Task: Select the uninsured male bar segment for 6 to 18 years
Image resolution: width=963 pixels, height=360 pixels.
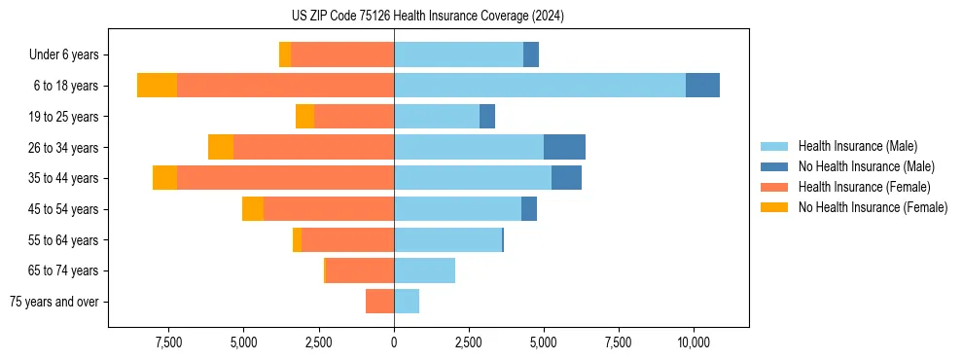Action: coord(702,86)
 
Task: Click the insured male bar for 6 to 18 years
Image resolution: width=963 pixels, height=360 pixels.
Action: coord(540,86)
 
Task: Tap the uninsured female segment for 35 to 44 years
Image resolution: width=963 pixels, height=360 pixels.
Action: coord(164,178)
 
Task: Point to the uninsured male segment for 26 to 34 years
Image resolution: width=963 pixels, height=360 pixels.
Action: coord(564,147)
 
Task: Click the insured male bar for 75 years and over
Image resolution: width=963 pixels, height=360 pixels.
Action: coord(407,302)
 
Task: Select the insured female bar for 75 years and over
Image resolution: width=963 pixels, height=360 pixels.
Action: coord(379,302)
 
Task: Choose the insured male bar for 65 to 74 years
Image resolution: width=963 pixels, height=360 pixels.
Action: coord(424,270)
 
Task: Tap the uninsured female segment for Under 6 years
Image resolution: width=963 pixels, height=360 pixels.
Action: coord(285,54)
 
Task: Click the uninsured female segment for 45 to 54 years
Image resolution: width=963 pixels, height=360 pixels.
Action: coord(253,209)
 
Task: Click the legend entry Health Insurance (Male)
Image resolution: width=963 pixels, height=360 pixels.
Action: coord(857,146)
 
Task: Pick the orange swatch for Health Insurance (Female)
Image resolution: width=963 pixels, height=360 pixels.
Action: coord(774,187)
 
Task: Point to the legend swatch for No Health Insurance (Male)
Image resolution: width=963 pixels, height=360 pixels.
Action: coord(774,166)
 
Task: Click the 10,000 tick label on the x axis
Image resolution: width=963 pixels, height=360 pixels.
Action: coord(694,342)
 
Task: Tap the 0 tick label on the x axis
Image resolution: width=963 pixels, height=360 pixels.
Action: coord(394,342)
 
